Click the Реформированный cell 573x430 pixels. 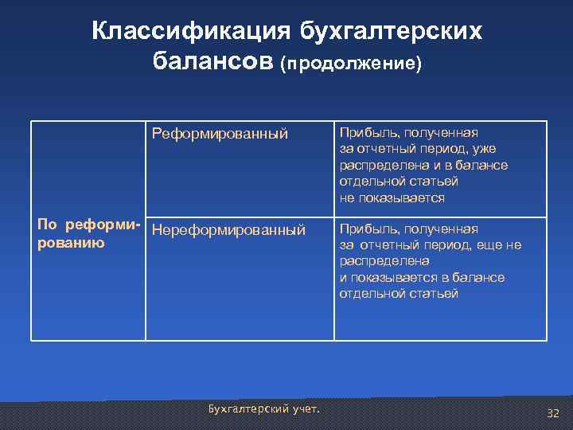[220, 134]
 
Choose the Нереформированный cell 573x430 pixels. [228, 230]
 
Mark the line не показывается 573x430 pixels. [392, 197]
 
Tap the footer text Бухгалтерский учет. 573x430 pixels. [263, 408]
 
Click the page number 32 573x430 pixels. [553, 413]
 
